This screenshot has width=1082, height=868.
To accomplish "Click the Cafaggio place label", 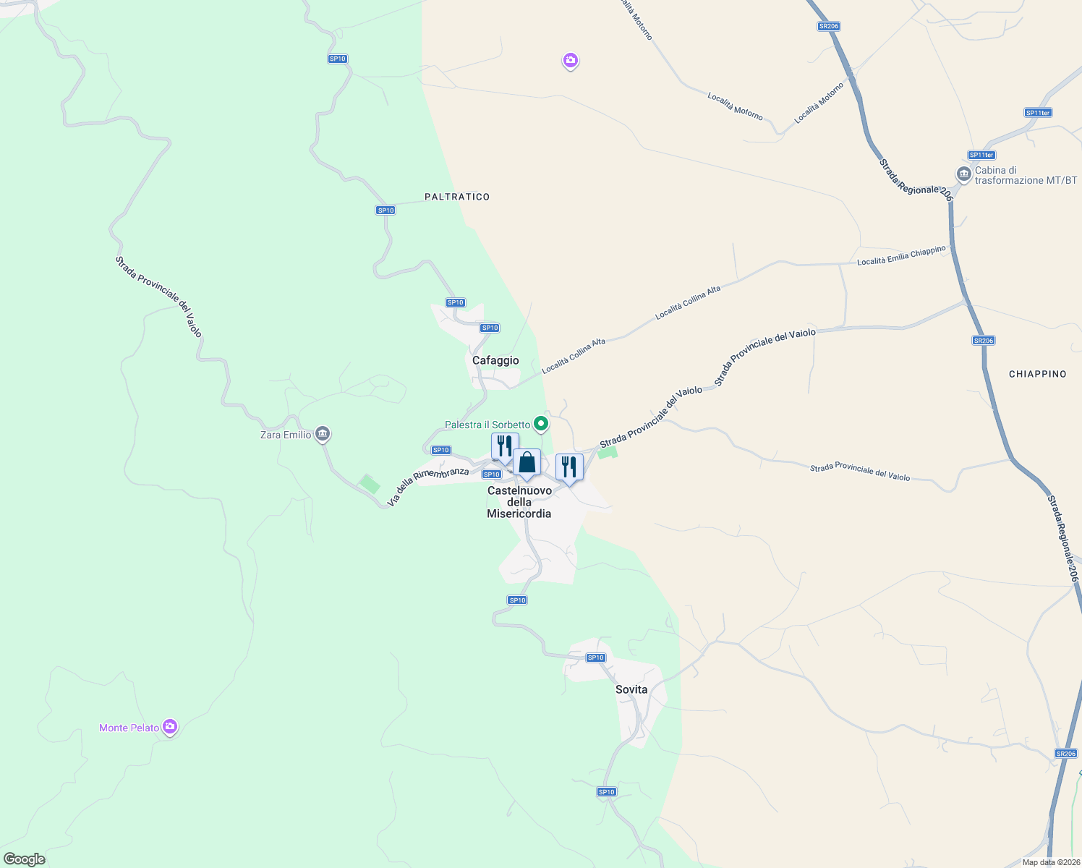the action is (x=495, y=360).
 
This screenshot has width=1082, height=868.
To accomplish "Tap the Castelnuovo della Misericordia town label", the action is (x=519, y=502).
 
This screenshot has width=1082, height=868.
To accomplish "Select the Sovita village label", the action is (x=631, y=689).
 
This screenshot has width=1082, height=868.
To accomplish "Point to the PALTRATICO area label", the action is (x=457, y=197).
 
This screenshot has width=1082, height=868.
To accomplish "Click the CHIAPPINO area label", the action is (x=1038, y=374).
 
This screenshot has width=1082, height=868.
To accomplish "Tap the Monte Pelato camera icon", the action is (x=170, y=727).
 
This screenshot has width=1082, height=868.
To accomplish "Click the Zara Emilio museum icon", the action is (x=323, y=434).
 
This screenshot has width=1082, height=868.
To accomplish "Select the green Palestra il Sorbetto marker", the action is (x=540, y=424).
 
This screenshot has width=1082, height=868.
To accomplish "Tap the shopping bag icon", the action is (x=527, y=462).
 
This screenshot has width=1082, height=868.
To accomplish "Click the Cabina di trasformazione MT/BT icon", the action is (x=963, y=174).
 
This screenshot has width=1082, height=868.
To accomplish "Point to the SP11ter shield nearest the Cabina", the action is (x=981, y=155).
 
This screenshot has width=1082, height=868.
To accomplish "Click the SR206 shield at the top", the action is (x=829, y=26).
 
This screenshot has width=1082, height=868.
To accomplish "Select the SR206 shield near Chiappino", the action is (x=983, y=341).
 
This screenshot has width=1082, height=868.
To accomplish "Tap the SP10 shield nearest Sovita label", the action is (x=595, y=658).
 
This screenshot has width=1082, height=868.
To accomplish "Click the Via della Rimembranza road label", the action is (x=428, y=487).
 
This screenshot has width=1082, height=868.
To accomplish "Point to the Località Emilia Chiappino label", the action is (x=901, y=255).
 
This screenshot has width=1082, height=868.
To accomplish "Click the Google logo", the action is (x=25, y=859).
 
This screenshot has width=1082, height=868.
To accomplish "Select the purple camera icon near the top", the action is (x=571, y=61).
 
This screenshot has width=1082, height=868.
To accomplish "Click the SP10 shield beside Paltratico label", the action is (x=385, y=210).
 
